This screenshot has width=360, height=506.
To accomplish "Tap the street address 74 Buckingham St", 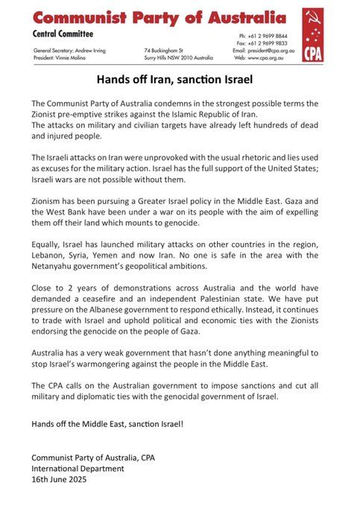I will pyautogui.click(x=163, y=49).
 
